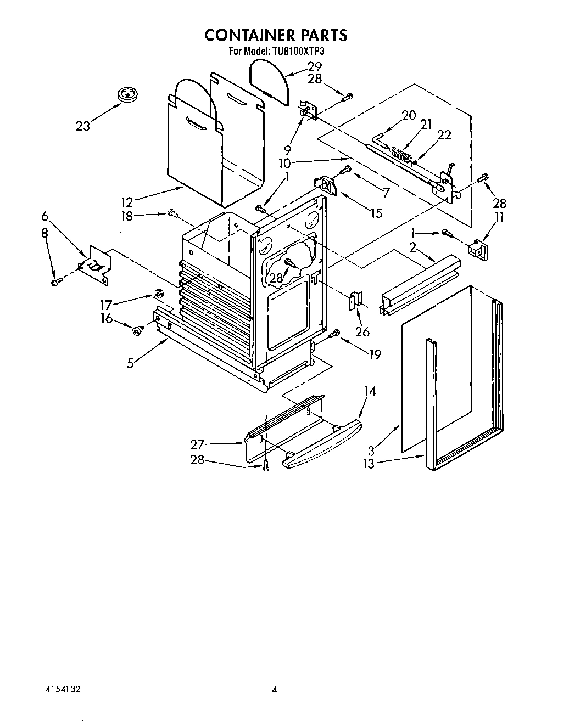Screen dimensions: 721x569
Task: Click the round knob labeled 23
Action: [128, 94]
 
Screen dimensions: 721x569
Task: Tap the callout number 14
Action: [370, 391]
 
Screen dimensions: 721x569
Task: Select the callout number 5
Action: [130, 363]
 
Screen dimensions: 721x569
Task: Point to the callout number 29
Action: [314, 66]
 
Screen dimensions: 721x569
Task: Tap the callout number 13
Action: [369, 464]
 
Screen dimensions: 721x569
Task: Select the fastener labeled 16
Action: [137, 330]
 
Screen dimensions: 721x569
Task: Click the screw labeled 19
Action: [336, 333]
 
